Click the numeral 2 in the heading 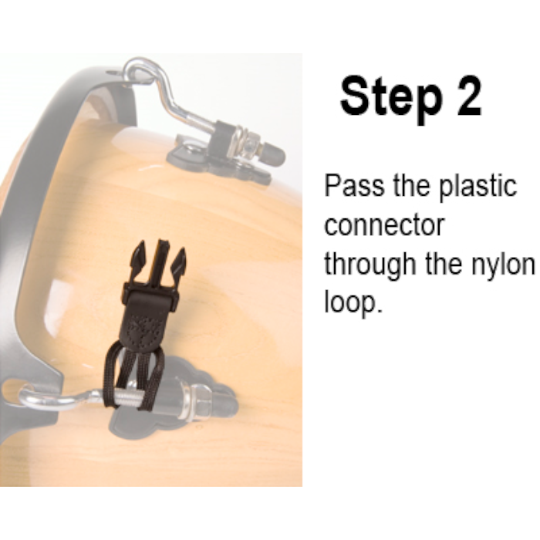469,96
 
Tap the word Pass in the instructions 354,185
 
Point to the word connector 385,225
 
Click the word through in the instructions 370,265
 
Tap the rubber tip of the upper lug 275,154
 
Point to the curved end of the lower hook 31,399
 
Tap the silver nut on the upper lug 251,145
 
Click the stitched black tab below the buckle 149,326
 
